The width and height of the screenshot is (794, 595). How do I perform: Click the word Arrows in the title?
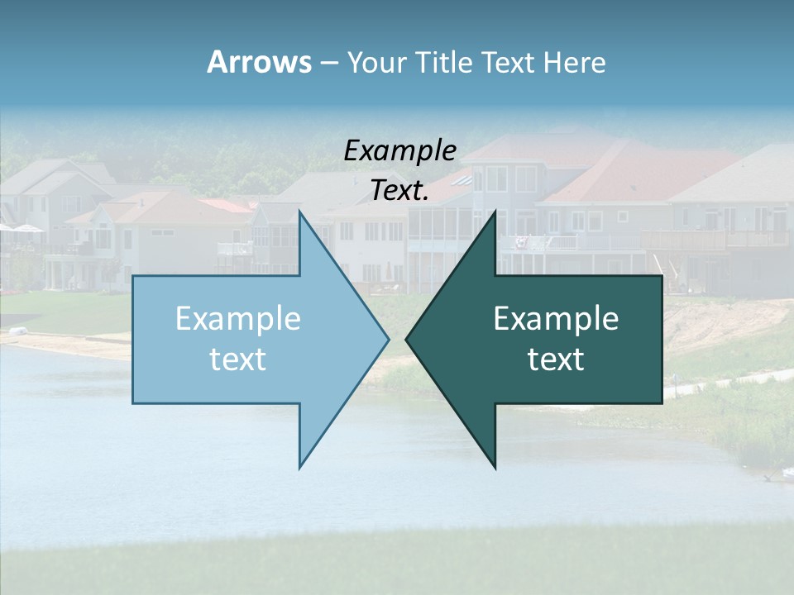coord(259,62)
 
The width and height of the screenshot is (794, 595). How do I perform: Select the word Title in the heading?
coord(449,63)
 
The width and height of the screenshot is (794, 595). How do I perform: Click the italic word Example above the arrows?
coord(400,150)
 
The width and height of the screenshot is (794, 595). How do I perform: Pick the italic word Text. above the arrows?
coord(400,191)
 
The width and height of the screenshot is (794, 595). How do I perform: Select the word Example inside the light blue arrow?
coord(238,318)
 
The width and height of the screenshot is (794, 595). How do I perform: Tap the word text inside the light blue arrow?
coord(238,359)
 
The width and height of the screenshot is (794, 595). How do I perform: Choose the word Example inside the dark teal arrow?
coord(556,318)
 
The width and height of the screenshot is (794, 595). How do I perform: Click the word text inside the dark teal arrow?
coord(556,359)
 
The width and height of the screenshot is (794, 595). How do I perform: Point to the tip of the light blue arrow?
coord(387,338)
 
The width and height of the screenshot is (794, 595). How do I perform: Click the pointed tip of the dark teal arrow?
coord(407,338)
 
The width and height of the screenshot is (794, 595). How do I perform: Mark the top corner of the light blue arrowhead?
coord(300,212)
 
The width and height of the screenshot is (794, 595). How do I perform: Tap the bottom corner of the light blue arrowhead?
coord(300,466)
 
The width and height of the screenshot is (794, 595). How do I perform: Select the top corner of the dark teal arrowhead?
coord(495,212)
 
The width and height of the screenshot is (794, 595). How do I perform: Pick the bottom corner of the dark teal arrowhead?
coord(495,466)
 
